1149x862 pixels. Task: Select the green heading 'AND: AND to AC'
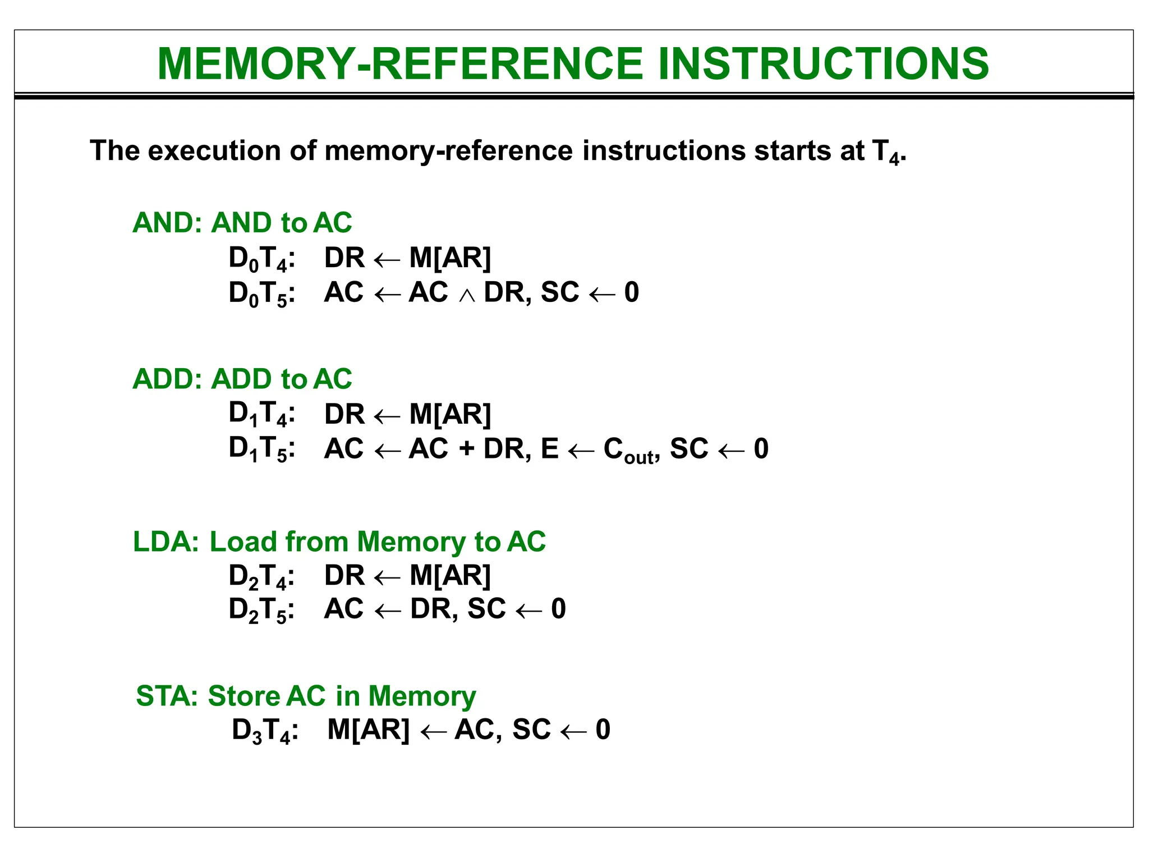pos(242,223)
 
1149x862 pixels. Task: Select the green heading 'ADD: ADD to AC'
pos(242,379)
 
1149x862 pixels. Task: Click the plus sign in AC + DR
pos(466,449)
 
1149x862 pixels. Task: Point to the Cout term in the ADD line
pos(628,450)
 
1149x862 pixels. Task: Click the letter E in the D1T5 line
pos(550,448)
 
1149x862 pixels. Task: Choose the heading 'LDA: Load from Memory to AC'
pos(339,542)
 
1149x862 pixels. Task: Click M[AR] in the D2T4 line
pos(450,575)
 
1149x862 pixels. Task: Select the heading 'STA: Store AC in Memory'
pos(306,696)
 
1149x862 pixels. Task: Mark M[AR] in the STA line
pos(369,730)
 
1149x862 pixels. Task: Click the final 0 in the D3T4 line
pos(603,730)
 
